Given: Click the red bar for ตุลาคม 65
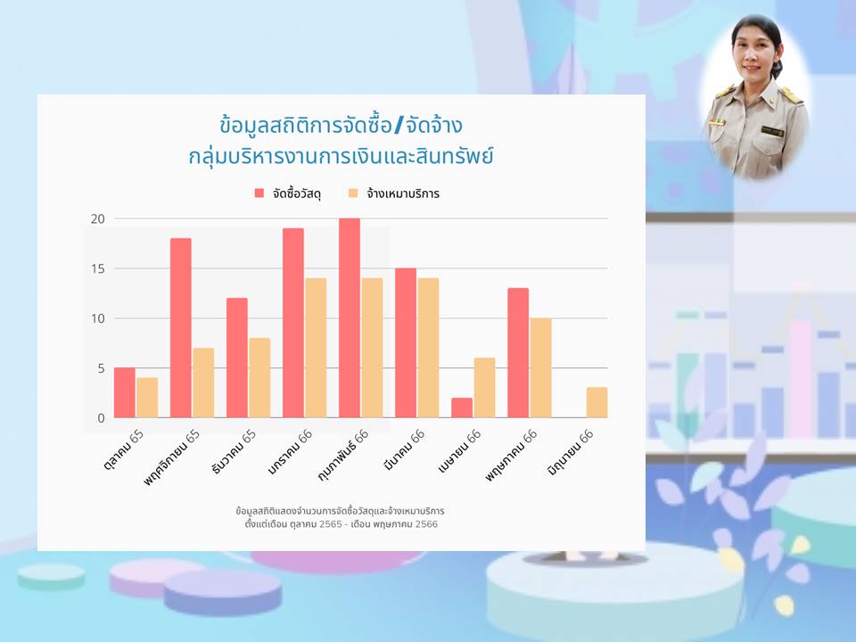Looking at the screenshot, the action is pyautogui.click(x=125, y=392).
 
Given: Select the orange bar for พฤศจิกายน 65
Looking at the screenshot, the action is pyautogui.click(x=203, y=383).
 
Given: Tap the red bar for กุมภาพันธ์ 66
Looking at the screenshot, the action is pyautogui.click(x=350, y=318).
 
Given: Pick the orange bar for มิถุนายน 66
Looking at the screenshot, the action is pyautogui.click(x=597, y=402).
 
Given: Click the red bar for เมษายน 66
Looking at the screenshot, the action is pyautogui.click(x=462, y=407).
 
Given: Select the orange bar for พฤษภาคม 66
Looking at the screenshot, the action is pyautogui.click(x=540, y=368).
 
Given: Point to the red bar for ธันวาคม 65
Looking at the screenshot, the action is pyautogui.click(x=237, y=358).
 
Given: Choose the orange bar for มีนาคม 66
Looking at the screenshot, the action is pyautogui.click(x=428, y=348).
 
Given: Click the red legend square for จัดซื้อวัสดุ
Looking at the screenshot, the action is pyautogui.click(x=259, y=193).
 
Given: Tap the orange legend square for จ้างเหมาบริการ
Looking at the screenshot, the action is pyautogui.click(x=353, y=193).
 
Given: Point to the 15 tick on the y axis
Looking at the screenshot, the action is pyautogui.click(x=98, y=268).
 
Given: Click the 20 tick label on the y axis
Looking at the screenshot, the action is pyautogui.click(x=98, y=219).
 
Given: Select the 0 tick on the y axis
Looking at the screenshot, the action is pyautogui.click(x=101, y=418).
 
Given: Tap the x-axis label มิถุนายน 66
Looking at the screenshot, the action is pyautogui.click(x=571, y=452).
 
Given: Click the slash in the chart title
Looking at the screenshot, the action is pyautogui.click(x=398, y=126).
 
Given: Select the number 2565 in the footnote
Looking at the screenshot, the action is pyautogui.click(x=330, y=524).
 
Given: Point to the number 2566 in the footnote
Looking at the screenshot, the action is pyautogui.click(x=426, y=524).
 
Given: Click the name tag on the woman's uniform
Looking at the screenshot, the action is pyautogui.click(x=772, y=132).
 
